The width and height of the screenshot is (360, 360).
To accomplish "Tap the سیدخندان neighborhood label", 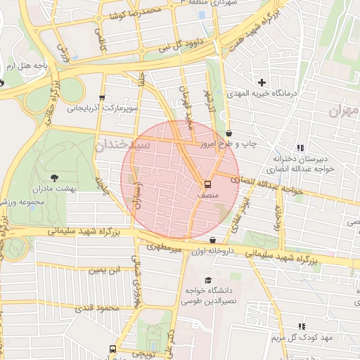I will pos(123,145).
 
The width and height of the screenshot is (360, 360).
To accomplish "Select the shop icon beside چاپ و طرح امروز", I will pos(230,133).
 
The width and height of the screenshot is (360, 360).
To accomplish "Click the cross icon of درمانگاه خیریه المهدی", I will pos(262,82).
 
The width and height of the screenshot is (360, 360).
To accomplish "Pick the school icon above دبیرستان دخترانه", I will pos(300,148).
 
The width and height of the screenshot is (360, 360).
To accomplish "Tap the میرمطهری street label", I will pos(164,247).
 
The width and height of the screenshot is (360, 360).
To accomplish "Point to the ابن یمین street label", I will pos(105,270).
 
